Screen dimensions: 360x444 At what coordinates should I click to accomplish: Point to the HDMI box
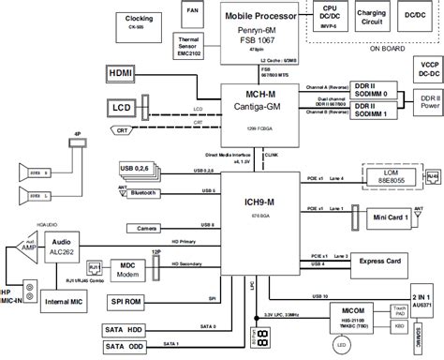tap(120, 72)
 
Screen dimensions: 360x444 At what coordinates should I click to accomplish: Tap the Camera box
tap(145, 228)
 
